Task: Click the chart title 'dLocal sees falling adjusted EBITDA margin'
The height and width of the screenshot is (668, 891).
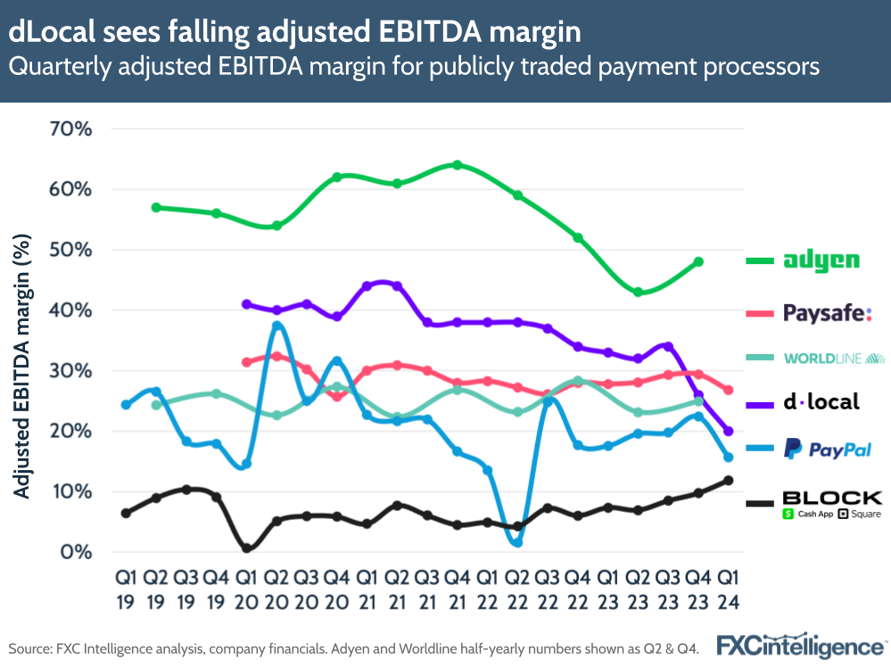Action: click(294, 32)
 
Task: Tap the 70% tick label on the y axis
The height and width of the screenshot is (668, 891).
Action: click(68, 129)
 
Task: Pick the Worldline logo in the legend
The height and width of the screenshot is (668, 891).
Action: click(834, 359)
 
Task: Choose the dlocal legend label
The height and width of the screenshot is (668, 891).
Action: click(821, 401)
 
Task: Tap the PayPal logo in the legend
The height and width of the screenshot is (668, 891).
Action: click(827, 449)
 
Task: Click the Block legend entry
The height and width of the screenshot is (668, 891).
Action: click(830, 503)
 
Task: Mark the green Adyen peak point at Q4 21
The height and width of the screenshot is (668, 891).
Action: click(457, 165)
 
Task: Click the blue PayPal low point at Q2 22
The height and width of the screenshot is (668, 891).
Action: click(517, 542)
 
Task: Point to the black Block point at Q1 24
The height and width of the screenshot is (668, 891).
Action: click(729, 481)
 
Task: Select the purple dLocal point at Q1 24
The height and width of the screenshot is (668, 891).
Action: click(728, 431)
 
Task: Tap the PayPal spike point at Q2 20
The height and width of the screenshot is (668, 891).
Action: click(276, 326)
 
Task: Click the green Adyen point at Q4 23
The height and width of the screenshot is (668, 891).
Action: click(698, 262)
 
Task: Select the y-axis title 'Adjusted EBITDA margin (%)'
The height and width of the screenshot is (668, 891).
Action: click(23, 366)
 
